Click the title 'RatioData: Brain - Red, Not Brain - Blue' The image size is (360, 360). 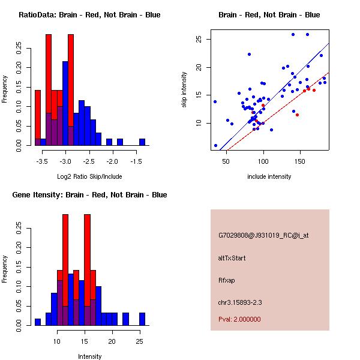(89, 15)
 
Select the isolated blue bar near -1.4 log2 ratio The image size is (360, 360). (142, 142)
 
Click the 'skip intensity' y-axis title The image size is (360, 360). (184, 90)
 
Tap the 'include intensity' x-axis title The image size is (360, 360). (269, 176)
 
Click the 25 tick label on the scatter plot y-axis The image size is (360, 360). (206, 39)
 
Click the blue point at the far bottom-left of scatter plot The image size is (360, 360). (216, 145)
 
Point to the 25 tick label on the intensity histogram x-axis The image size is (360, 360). (139, 341)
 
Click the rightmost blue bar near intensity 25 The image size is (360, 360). (142, 319)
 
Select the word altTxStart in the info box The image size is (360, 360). (233, 258)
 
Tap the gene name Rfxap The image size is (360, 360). (226, 280)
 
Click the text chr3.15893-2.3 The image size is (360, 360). (240, 301)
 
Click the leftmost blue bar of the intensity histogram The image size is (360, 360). (38, 322)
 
